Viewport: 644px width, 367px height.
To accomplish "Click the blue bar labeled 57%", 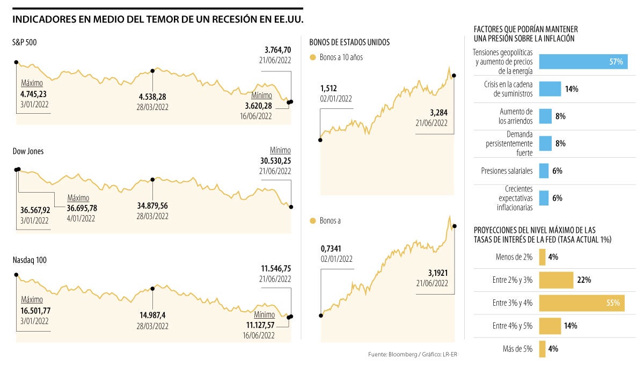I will tap(582, 61).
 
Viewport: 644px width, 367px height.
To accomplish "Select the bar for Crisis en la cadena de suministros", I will tap(550, 89).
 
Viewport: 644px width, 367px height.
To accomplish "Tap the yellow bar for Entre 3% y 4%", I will tap(582, 303).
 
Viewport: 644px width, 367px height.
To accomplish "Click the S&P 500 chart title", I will tap(24, 42).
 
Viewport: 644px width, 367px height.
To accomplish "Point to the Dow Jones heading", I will tap(28, 151).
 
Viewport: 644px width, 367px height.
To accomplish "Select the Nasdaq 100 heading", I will tap(30, 260).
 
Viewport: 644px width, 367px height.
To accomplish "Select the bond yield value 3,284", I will tap(438, 112).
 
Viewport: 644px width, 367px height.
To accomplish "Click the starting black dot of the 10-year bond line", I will tap(320, 140).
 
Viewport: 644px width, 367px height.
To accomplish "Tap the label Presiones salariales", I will tap(507, 171).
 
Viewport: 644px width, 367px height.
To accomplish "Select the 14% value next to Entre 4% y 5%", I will tap(570, 326).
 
